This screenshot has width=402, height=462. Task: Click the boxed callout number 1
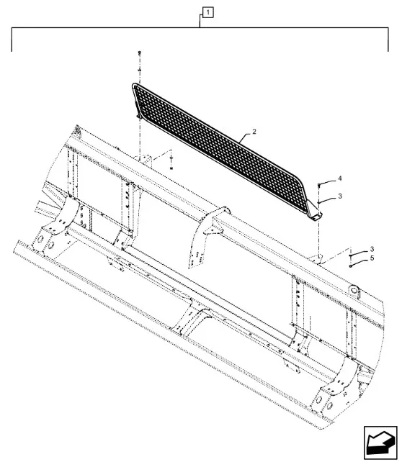click(x=208, y=13)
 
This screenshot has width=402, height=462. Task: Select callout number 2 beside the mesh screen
click(x=254, y=132)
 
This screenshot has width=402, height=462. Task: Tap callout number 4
click(x=340, y=178)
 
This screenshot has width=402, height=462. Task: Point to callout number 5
click(x=372, y=258)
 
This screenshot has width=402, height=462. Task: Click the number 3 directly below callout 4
click(x=340, y=196)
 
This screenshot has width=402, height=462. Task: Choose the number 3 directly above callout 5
click(x=372, y=249)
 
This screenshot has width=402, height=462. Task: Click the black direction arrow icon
click(x=380, y=443)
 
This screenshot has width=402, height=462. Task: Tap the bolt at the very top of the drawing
click(x=140, y=53)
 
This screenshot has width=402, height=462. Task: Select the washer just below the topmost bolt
click(x=140, y=70)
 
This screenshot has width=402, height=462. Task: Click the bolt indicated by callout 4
click(x=318, y=185)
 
